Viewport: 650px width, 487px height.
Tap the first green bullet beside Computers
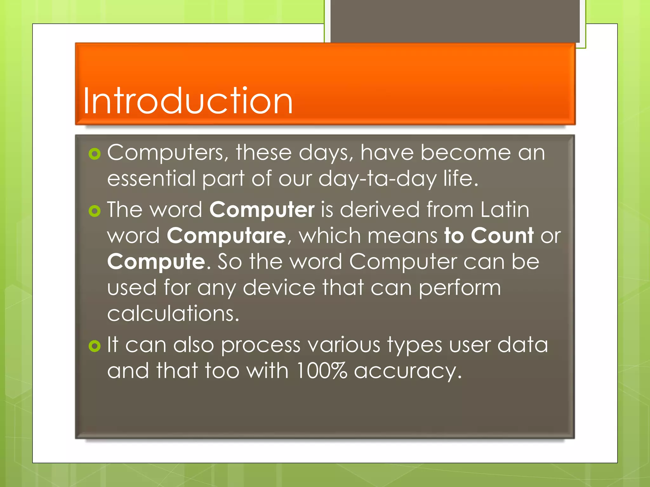95,154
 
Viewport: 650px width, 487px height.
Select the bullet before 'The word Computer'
95,211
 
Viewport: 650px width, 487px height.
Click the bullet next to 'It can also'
95,346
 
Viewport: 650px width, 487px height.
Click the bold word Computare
226,236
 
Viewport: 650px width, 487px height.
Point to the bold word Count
502,236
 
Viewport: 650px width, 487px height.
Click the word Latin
504,210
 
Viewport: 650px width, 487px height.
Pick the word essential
151,178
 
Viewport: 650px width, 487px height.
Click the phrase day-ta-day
377,179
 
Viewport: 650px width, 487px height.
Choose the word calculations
173,314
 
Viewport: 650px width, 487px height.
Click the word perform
460,288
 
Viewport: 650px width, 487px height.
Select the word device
279,288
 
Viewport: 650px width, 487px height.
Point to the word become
465,153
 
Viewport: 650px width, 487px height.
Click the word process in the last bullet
261,345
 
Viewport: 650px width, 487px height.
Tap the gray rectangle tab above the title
455,21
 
